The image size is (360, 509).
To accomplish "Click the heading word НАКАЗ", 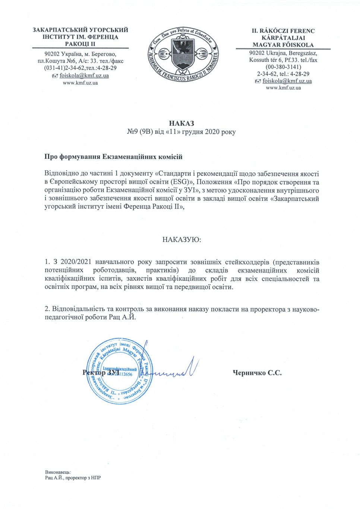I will coord(181,123).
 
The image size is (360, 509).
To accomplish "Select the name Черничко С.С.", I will coord(257,372).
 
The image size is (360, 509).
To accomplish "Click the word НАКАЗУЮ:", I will coord(181,240).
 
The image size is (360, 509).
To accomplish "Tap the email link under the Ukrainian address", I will coord(84,76).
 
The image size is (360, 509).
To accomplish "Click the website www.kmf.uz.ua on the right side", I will coord(283,88).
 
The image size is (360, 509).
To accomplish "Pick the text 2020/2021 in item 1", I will coord(74,262).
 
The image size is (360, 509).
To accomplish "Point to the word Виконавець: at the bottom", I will coord(58,471).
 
